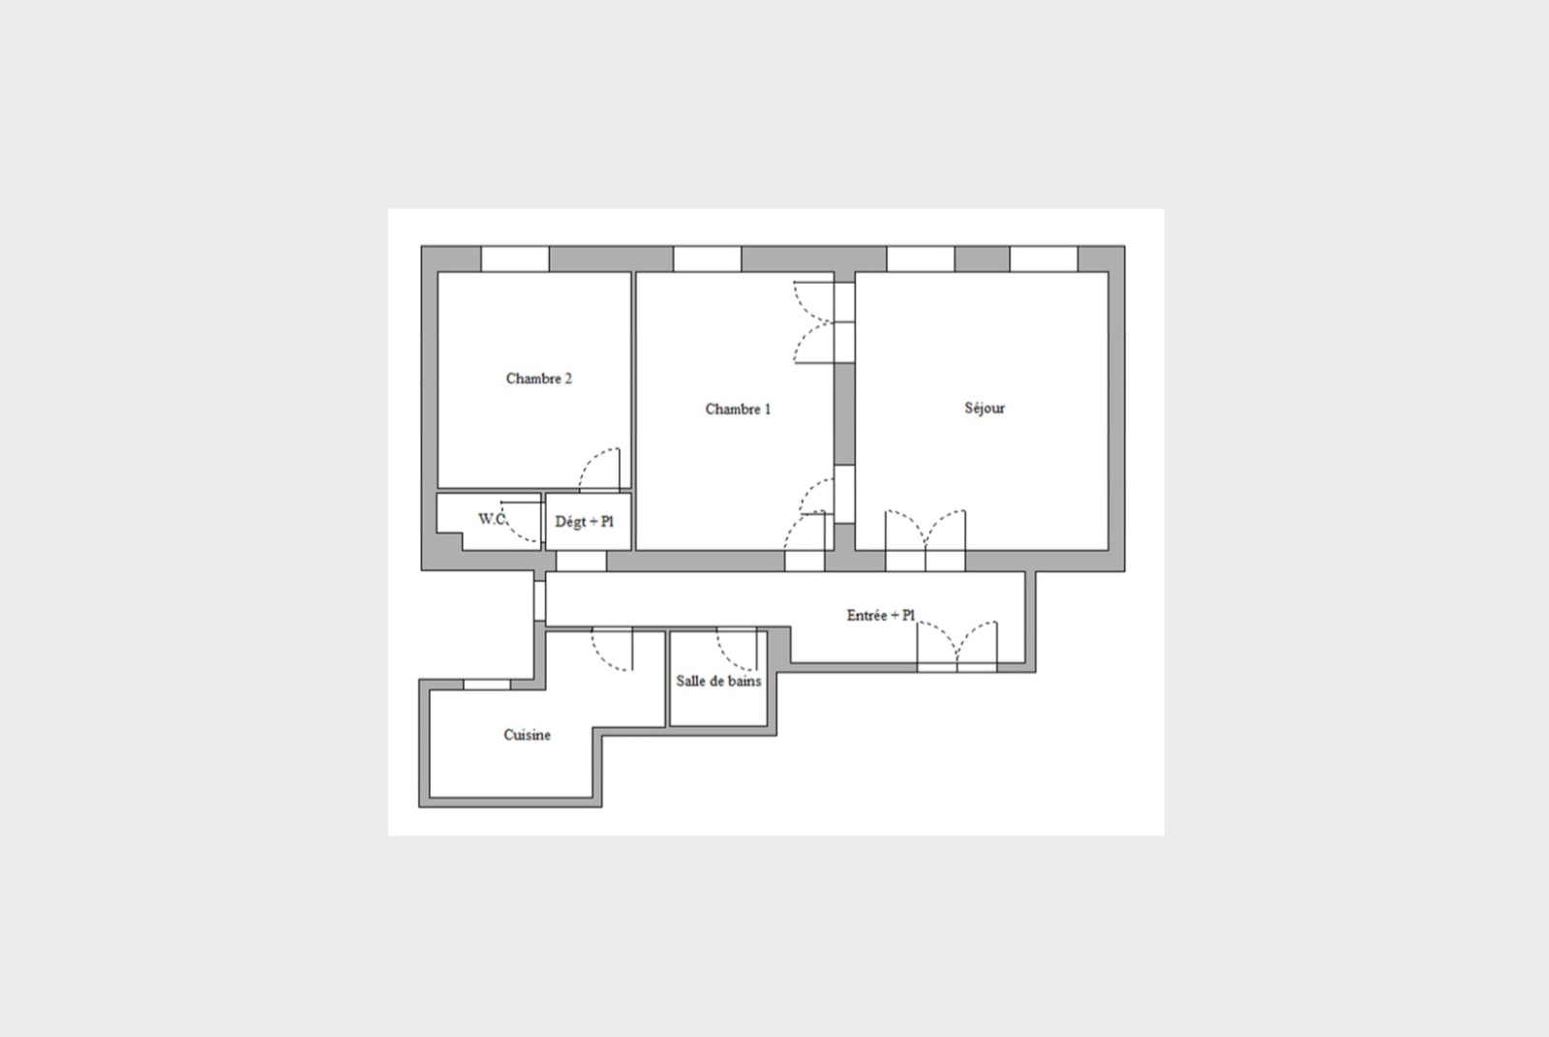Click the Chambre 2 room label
coord(538,379)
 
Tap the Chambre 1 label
coord(738,409)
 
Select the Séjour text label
coord(985,408)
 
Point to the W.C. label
coord(492,519)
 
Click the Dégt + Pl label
coord(585,522)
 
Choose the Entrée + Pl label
coord(881,615)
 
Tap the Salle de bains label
coord(718,681)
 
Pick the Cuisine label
coord(527,735)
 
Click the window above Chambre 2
coord(515,259)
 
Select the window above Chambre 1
coord(708,259)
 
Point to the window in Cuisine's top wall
coord(487,685)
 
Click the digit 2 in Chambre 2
coord(568,379)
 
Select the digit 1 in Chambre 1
coord(768,409)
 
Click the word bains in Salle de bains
coord(744,681)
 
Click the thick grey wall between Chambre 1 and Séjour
coord(844,413)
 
